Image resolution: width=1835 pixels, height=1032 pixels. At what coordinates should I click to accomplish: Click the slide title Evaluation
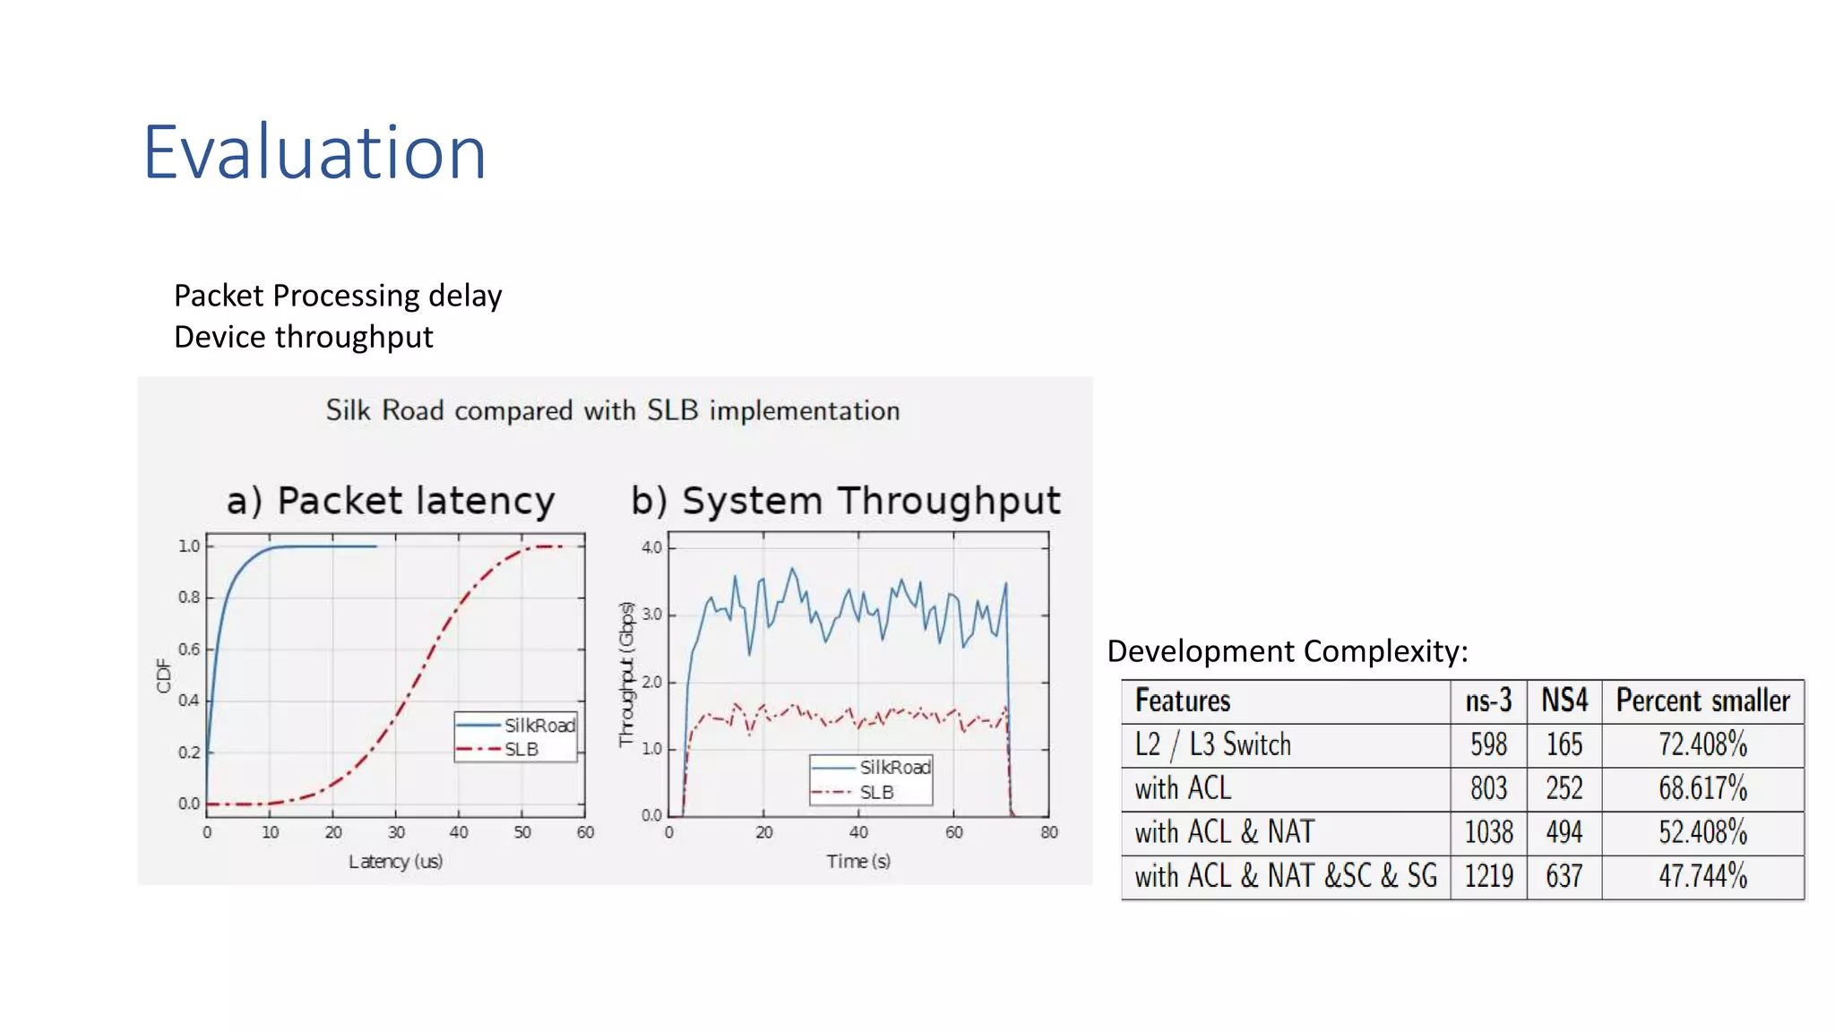(x=314, y=152)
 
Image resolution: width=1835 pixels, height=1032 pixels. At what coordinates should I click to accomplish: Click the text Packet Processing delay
(x=338, y=296)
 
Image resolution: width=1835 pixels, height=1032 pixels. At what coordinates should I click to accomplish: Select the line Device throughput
(x=303, y=337)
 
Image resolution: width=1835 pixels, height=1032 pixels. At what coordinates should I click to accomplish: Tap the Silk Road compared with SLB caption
(x=613, y=410)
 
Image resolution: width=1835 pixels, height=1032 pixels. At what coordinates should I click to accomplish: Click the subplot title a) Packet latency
(x=391, y=500)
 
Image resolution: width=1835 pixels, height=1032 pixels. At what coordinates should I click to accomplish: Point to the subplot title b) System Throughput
(x=845, y=500)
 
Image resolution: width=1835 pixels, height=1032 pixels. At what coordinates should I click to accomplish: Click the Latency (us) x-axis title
(x=395, y=861)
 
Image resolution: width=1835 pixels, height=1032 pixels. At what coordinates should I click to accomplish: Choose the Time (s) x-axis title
(x=857, y=861)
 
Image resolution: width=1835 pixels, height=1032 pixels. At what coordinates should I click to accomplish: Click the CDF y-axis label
(x=163, y=675)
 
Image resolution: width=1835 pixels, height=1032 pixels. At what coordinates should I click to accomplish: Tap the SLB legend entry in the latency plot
(x=521, y=749)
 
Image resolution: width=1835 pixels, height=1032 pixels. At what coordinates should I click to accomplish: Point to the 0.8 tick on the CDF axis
(x=189, y=597)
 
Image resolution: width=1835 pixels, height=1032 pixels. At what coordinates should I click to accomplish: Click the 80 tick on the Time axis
(x=1048, y=832)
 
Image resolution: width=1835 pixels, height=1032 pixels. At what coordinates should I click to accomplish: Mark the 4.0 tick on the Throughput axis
(x=651, y=546)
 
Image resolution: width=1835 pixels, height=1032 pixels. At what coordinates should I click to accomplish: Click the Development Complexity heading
(x=1287, y=650)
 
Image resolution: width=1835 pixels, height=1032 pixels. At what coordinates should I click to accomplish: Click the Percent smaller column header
(x=1702, y=701)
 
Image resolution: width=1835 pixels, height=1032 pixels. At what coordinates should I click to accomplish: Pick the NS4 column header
(x=1564, y=701)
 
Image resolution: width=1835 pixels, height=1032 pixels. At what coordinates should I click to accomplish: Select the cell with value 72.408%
(x=1702, y=744)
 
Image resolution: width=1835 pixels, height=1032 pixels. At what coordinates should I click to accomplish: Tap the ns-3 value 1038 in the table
(x=1488, y=832)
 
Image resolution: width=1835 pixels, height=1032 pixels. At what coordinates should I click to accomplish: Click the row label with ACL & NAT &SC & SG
(x=1285, y=876)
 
